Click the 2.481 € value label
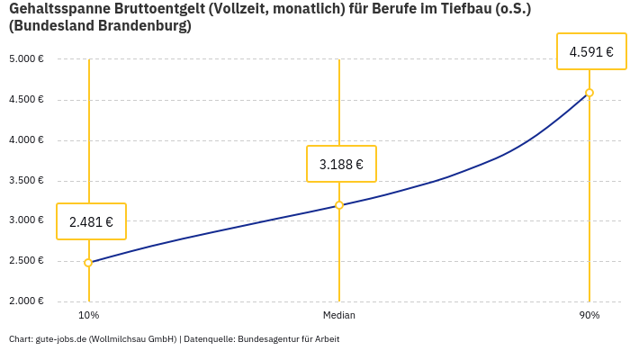point(91,221)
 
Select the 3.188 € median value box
point(341,164)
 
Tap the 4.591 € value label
point(591,52)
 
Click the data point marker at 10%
point(88,263)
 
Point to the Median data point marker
point(339,205)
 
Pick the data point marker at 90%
point(589,93)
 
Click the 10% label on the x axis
point(88,315)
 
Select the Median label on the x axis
point(339,315)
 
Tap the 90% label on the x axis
point(589,315)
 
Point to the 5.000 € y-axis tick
point(28,59)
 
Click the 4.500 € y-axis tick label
point(28,100)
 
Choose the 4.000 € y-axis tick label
point(28,140)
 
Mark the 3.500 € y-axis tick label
point(28,181)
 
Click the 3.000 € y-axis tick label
point(28,220)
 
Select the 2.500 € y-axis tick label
point(28,261)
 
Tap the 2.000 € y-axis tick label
point(28,301)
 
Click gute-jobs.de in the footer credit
point(60,339)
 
